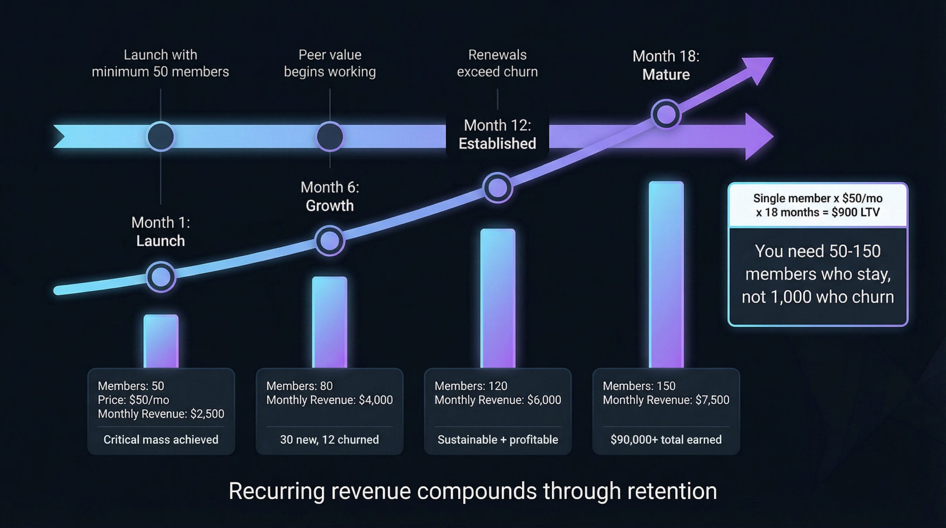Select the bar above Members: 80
(x=329, y=322)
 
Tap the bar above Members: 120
(x=497, y=298)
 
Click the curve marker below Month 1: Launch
(x=161, y=277)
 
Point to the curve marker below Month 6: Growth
(x=330, y=241)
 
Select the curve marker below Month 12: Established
(x=498, y=188)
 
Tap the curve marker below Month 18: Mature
(x=666, y=114)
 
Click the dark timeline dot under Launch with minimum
(x=161, y=136)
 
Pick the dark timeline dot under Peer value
(x=330, y=136)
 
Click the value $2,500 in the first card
(x=207, y=414)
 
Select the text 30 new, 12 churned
(x=329, y=439)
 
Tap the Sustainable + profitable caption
(x=497, y=439)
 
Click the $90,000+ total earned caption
(x=666, y=439)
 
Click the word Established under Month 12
(x=497, y=143)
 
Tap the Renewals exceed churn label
(x=497, y=63)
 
